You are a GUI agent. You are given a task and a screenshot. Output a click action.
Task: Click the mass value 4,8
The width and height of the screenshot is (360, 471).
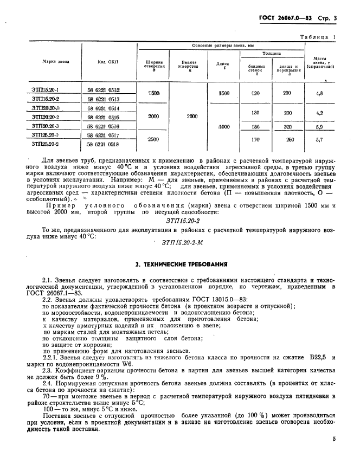coord(319,94)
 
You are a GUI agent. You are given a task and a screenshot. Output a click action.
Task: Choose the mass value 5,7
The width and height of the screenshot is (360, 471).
coord(319,139)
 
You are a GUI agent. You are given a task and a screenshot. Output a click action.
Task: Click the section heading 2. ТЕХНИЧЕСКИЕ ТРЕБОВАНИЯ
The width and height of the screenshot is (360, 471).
coord(181,264)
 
